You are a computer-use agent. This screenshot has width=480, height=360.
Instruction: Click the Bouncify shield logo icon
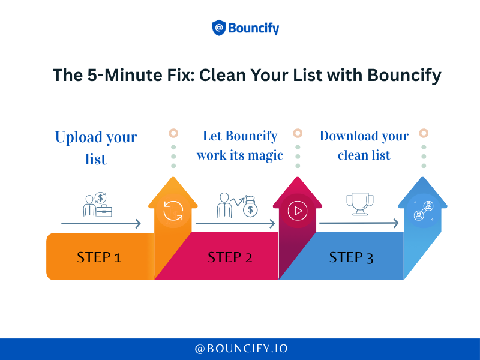[219, 28]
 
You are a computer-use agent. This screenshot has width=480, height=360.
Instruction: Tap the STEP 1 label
[99, 257]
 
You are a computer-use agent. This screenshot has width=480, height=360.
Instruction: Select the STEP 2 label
[230, 257]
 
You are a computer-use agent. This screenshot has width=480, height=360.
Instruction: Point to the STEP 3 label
[351, 257]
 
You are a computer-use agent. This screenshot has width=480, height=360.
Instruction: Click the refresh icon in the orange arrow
[173, 211]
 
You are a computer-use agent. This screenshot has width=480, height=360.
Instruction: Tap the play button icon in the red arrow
[298, 211]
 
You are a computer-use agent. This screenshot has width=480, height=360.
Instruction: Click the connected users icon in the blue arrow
[424, 211]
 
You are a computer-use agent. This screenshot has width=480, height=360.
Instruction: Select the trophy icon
[360, 204]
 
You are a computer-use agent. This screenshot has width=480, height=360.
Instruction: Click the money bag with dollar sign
[250, 206]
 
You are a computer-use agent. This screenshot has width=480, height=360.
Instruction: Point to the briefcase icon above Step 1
[104, 211]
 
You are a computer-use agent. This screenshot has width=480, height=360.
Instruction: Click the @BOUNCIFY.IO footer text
[241, 349]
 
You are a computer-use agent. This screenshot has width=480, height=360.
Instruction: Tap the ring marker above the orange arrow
[173, 133]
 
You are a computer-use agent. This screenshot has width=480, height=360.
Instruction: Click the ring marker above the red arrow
[298, 133]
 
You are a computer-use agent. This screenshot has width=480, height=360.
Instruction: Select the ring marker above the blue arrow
[424, 133]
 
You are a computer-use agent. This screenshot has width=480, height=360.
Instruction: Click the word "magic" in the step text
[265, 156]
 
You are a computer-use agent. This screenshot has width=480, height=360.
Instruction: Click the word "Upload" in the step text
[79, 138]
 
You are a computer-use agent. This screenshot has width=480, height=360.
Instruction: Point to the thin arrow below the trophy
[359, 223]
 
